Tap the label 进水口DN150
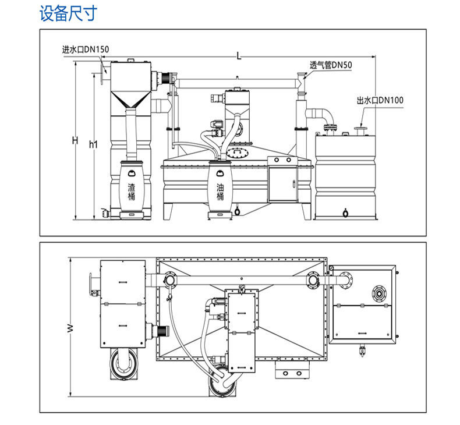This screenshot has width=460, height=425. [x=86, y=49]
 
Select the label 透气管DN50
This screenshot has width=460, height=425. [x=331, y=65]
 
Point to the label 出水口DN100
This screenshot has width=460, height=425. [x=380, y=101]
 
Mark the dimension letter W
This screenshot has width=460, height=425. [x=70, y=328]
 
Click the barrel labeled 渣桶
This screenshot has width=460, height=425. [x=132, y=186]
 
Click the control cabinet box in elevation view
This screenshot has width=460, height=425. [x=282, y=182]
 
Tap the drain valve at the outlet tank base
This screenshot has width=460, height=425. [x=346, y=212]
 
